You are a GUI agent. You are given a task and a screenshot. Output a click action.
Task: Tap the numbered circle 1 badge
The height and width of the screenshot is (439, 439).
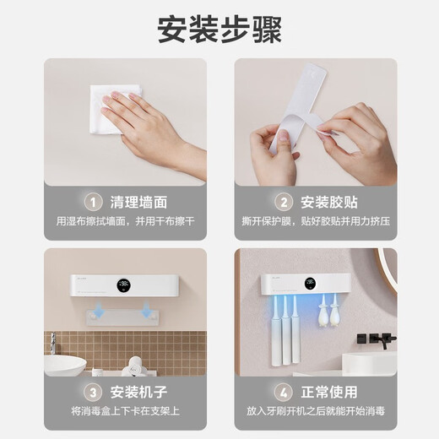[93, 201]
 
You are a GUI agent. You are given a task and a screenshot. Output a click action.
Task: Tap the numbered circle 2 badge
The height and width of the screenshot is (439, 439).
[283, 201]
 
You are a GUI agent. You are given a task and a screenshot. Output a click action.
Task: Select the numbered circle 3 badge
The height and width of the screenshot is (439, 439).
[93, 392]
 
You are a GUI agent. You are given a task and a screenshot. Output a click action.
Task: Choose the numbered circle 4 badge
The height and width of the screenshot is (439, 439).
[283, 392]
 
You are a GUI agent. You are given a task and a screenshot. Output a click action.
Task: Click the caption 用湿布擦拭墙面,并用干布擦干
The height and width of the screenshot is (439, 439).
[125, 222]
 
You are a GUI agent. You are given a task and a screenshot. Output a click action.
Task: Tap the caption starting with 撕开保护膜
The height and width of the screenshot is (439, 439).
[315, 222]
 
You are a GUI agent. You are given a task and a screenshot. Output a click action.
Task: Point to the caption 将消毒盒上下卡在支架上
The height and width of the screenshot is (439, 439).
[125, 412]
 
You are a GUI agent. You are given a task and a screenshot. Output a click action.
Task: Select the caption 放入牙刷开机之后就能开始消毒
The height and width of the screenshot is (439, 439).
[315, 412]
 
